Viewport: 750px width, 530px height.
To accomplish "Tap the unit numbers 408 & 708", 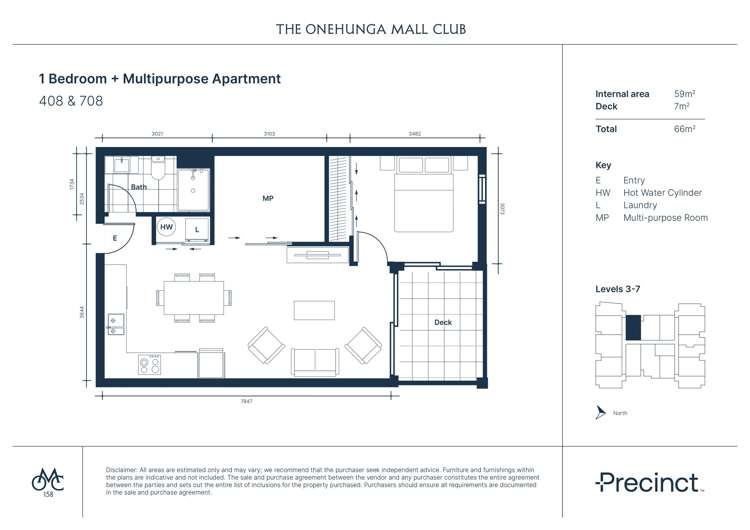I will click(70, 101).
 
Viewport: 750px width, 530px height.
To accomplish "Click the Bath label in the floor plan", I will click(138, 187).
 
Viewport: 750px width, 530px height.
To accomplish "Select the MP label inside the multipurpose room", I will click(267, 199).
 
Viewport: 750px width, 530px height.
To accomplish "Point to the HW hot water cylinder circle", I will click(167, 228).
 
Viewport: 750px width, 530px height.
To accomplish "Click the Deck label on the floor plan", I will click(442, 322).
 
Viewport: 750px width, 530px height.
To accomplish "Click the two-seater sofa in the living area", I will click(314, 361).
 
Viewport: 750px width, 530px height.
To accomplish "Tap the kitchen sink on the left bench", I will click(115, 322).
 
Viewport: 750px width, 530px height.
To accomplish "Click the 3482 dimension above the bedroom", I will click(428, 132).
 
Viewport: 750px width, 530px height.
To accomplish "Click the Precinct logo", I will click(647, 483).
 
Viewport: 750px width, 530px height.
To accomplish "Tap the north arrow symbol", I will click(600, 412).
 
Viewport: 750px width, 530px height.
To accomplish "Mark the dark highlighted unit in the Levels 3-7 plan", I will click(632, 327).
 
